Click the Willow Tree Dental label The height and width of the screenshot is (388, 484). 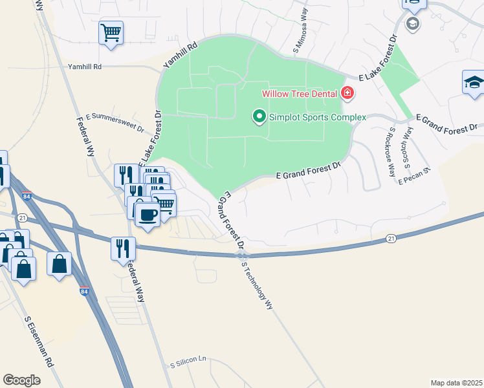[x=300, y=93]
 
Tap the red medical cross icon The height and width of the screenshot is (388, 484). [x=347, y=94]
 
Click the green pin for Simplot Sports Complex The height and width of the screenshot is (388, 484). [x=259, y=117]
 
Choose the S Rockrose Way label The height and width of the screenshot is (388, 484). [x=391, y=151]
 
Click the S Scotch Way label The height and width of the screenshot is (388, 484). [x=408, y=145]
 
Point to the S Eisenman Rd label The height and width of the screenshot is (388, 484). [x=39, y=350]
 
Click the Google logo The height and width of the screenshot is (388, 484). [x=22, y=380]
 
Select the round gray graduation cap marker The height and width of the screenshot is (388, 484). [x=412, y=25]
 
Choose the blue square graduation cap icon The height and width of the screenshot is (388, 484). [x=474, y=83]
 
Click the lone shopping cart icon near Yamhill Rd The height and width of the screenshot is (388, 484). [x=111, y=32]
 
